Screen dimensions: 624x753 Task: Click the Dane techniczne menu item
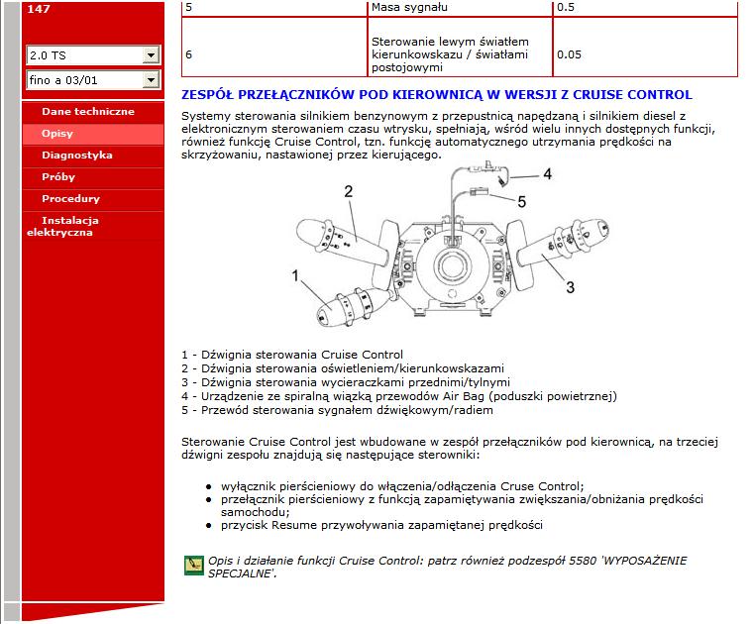(x=87, y=112)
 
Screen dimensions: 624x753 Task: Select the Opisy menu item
(x=56, y=134)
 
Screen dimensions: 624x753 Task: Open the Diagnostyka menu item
(x=76, y=156)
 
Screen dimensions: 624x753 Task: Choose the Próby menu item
(x=57, y=177)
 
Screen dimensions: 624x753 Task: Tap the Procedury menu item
(x=70, y=199)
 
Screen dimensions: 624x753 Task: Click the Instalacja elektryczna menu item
(x=69, y=226)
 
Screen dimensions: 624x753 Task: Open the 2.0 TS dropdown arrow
(x=152, y=55)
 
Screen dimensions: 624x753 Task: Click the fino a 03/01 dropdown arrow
(x=152, y=79)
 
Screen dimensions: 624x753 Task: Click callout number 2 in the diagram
(x=349, y=191)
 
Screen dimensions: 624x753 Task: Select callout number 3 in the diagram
(x=570, y=287)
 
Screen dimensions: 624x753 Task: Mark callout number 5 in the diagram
(x=521, y=201)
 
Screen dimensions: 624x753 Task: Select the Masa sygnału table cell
(x=407, y=7)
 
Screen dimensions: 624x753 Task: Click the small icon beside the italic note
(x=193, y=566)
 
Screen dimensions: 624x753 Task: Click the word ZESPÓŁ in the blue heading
(x=203, y=95)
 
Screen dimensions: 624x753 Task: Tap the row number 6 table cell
(x=189, y=54)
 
